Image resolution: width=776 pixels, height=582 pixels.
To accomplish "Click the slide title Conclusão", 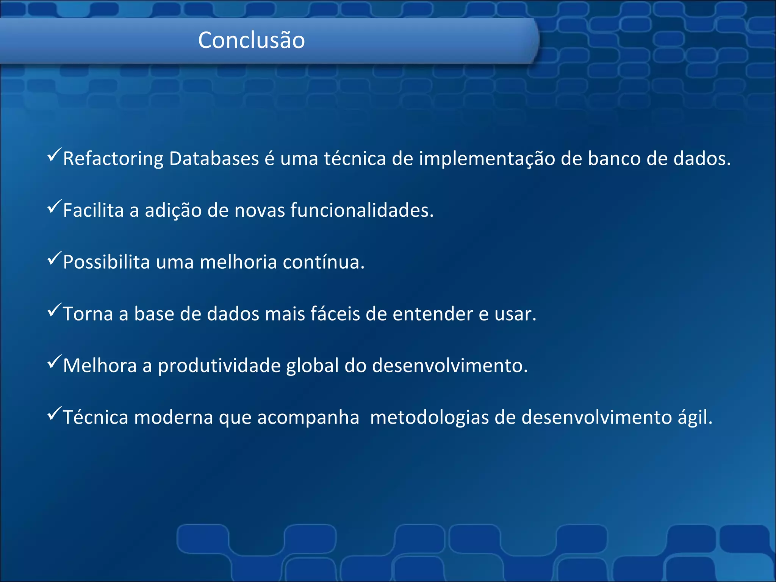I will pyautogui.click(x=251, y=40).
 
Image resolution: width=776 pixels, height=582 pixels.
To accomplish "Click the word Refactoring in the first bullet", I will pyautogui.click(x=113, y=159).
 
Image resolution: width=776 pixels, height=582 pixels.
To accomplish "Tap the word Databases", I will pyautogui.click(x=214, y=158).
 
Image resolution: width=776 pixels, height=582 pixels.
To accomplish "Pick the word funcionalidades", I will pyautogui.click(x=361, y=210).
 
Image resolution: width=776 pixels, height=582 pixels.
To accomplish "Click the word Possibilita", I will pyautogui.click(x=106, y=262).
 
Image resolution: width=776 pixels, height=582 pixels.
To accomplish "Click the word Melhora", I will pyautogui.click(x=100, y=366).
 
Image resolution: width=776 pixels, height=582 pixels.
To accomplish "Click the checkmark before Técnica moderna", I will pyautogui.click(x=54, y=413).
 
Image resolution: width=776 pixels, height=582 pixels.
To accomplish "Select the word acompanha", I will pyautogui.click(x=308, y=418).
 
